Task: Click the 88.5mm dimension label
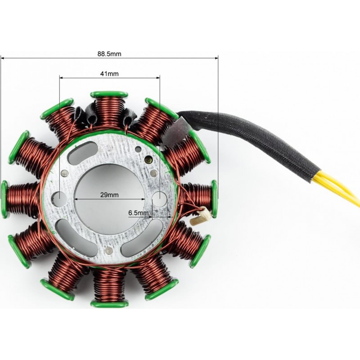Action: (109, 54)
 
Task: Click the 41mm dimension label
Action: (109, 74)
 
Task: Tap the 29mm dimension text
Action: (109, 195)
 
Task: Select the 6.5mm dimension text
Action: (139, 213)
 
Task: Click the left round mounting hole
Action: (59, 199)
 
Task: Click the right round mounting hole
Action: (160, 199)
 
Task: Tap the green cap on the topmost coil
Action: (109, 94)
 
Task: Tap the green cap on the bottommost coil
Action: (109, 304)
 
